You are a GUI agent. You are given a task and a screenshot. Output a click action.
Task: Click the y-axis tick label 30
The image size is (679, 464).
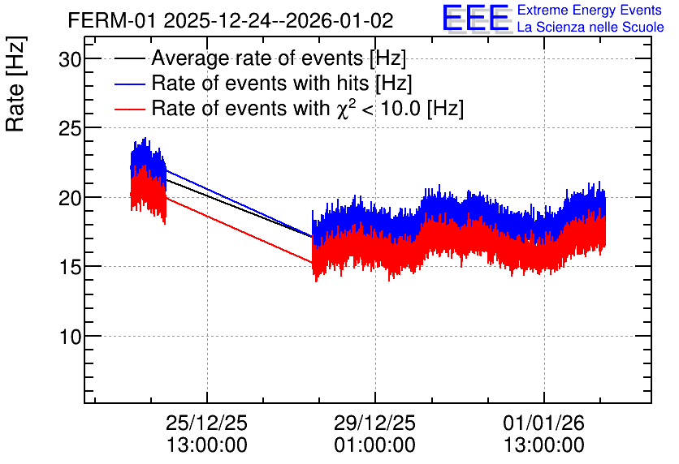(70, 59)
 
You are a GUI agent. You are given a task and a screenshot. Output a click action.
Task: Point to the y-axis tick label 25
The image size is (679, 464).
(70, 128)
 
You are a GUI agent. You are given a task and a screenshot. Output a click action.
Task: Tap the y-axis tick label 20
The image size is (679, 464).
(70, 198)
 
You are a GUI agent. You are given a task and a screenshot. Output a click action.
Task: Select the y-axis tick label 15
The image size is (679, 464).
(70, 267)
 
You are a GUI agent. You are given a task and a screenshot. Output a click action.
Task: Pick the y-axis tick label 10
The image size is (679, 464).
(70, 337)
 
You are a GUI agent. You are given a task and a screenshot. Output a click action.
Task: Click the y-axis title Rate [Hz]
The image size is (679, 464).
(15, 84)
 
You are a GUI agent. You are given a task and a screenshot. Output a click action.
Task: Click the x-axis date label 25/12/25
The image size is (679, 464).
(206, 423)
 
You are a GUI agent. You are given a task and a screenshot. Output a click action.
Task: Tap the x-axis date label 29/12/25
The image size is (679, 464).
(374, 423)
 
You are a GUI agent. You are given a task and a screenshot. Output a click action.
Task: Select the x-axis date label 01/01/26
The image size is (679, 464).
(544, 423)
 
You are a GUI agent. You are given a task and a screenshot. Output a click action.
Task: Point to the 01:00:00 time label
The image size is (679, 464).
(374, 445)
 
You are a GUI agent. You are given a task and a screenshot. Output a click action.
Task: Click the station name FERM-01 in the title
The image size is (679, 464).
(111, 20)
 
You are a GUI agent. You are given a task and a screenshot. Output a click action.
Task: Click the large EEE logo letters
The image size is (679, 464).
(476, 18)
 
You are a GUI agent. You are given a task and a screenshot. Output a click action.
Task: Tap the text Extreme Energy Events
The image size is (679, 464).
(590, 10)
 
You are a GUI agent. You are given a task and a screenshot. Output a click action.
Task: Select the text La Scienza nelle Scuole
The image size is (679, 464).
(590, 27)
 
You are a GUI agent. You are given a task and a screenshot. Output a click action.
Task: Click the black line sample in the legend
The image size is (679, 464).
(129, 58)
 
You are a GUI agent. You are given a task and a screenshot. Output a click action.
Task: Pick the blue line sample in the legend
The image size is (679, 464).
(129, 84)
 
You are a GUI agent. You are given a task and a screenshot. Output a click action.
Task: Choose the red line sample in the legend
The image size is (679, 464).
(129, 109)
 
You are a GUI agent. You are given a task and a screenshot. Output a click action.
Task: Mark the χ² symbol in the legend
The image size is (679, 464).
(344, 108)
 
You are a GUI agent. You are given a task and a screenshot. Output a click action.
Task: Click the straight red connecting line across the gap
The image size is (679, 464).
(239, 230)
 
